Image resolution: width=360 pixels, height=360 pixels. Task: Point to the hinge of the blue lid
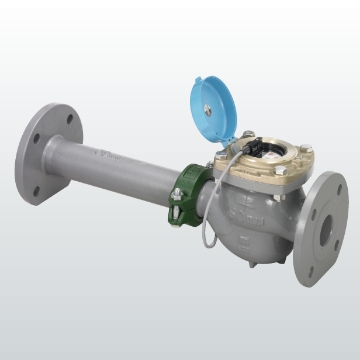[x=244, y=132]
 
